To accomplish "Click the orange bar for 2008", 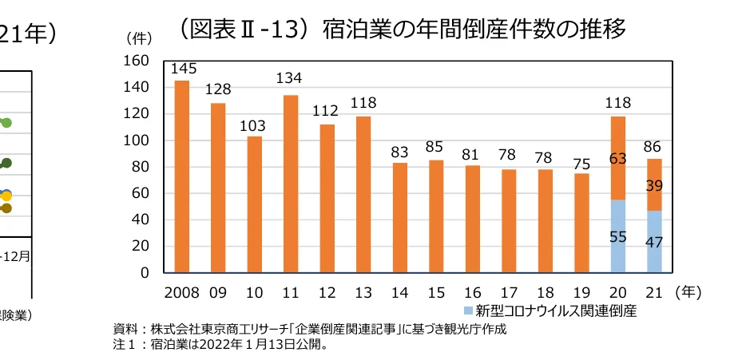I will (182, 176).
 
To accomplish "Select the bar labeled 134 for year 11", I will (291, 184).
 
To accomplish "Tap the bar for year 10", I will (255, 204).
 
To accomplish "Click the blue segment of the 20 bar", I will (617, 236).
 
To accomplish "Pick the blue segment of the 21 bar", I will (654, 241).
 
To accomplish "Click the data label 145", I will (183, 69).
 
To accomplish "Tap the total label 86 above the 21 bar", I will (654, 148).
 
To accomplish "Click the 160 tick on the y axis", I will (138, 61).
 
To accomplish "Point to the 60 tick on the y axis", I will (141, 193).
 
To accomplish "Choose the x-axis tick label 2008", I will (183, 292).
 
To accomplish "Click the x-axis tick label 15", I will (437, 292).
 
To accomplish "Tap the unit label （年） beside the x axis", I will (688, 292).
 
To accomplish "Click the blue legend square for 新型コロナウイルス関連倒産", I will (468, 310).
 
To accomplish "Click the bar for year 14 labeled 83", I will (400, 217).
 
